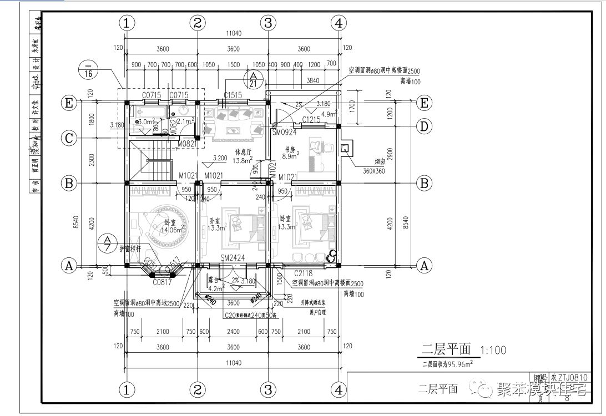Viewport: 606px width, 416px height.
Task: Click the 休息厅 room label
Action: (x=243, y=151)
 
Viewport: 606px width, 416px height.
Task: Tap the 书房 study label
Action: (x=290, y=149)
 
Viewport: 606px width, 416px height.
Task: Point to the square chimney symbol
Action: (x=345, y=148)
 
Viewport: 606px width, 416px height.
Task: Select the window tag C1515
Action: (x=233, y=95)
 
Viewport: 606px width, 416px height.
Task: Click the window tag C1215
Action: (x=311, y=119)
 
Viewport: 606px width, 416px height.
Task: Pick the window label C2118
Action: (x=304, y=273)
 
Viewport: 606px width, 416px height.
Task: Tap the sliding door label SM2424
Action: (x=233, y=258)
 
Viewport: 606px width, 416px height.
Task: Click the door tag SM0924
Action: (x=284, y=133)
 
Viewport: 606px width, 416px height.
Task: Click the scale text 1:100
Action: (x=493, y=351)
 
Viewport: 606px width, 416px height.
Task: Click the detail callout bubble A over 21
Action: (x=253, y=79)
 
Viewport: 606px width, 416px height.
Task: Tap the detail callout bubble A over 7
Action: (x=107, y=243)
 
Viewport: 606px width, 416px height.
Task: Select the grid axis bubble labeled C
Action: (x=69, y=138)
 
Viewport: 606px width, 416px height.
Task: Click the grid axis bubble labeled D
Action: (x=425, y=126)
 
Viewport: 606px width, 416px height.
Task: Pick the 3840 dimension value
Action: (x=312, y=80)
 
